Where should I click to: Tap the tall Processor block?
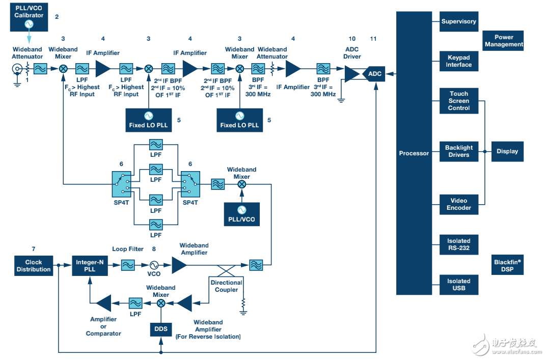coord(414,153)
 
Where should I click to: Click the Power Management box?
coord(504,41)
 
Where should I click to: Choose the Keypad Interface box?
coord(458,62)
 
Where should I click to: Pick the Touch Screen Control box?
coord(458,101)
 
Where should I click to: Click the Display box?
coord(507,151)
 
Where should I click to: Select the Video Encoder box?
coord(458,204)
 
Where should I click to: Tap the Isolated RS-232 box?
coord(458,244)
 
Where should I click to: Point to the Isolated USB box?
coord(458,285)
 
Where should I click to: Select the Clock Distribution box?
coord(33,266)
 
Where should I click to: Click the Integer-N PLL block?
coord(89,266)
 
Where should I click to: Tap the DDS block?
coord(161,329)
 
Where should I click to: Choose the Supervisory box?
coord(458,22)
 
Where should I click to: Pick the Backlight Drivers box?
coord(458,151)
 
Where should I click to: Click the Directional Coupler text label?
coord(226,286)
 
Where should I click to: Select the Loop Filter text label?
coord(127,250)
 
